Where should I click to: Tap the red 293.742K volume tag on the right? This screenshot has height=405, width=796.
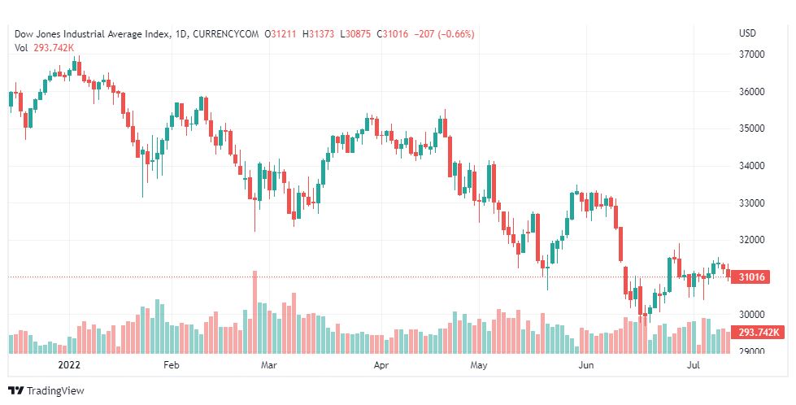point(757,333)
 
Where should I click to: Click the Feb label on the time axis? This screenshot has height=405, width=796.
point(171,366)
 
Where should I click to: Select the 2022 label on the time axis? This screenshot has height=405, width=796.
point(68,366)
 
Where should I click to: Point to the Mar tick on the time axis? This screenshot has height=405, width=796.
point(270,366)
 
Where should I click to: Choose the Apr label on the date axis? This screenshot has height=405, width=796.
point(381,366)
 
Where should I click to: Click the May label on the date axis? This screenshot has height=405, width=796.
point(479,366)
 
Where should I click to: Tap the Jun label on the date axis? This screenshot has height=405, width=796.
point(585,366)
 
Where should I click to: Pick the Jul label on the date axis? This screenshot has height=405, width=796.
point(694,366)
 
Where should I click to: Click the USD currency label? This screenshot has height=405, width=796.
point(747,33)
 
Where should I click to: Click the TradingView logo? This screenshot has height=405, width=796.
point(46,390)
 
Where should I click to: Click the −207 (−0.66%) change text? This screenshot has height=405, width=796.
point(444,33)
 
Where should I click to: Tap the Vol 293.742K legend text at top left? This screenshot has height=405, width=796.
point(46,47)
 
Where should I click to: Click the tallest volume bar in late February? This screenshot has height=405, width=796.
point(254,313)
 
